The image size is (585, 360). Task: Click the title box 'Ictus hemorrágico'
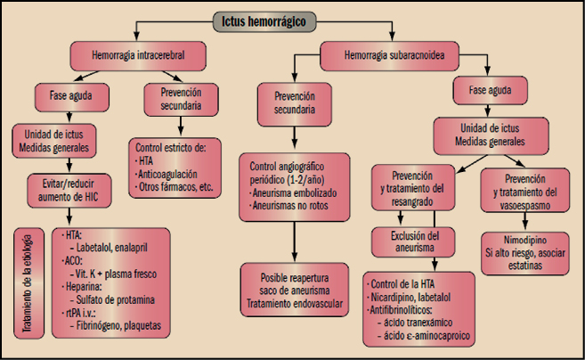point(293,20)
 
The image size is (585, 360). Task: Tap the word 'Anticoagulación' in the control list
point(175,174)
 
